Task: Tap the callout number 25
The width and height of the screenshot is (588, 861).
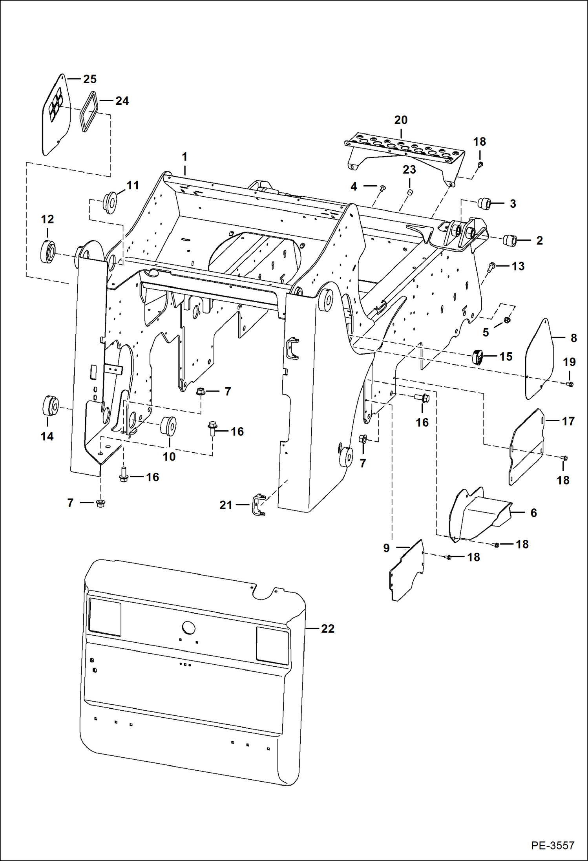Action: coord(90,79)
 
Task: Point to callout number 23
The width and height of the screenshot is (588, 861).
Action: coord(409,170)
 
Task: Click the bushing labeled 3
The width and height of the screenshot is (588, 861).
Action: coord(484,204)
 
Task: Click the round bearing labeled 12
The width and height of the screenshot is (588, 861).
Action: coord(48,251)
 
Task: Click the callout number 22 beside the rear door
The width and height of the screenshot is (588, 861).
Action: coord(327,629)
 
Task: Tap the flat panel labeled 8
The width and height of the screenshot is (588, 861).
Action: coord(539,359)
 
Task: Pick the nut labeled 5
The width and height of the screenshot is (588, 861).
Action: coord(507,320)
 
